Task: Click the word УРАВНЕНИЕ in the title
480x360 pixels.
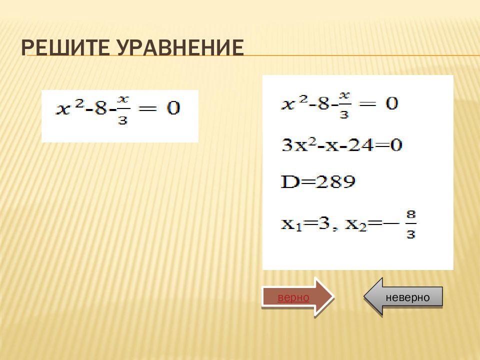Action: [x=180, y=48]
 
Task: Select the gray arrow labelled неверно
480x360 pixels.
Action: [x=404, y=297]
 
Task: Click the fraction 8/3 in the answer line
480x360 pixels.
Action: [x=410, y=224]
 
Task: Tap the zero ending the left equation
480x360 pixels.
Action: [x=172, y=108]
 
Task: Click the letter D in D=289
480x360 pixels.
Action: [x=289, y=181]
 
